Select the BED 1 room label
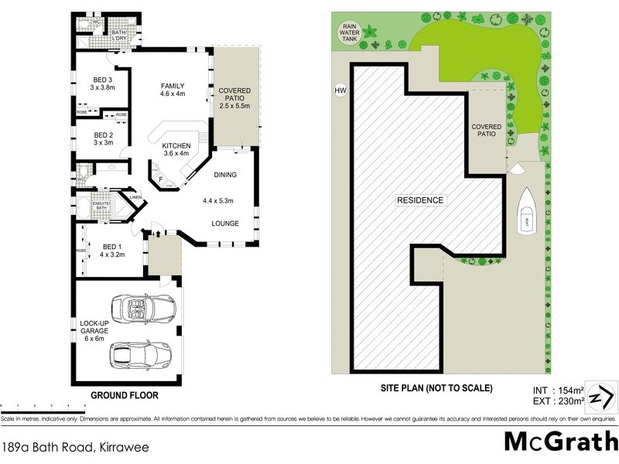pyautogui.click(x=113, y=247)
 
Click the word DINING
pyautogui.click(x=227, y=175)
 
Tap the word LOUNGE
pyautogui.click(x=227, y=223)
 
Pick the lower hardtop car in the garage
pyautogui.click(x=141, y=357)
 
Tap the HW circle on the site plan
pyautogui.click(x=339, y=90)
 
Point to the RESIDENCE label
pyautogui.click(x=420, y=200)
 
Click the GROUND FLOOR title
pyautogui.click(x=125, y=395)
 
